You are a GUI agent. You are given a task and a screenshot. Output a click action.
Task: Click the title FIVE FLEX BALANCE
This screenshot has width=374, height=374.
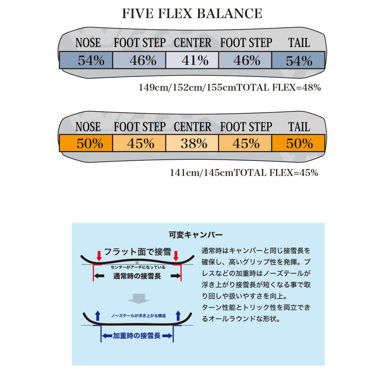[192, 13]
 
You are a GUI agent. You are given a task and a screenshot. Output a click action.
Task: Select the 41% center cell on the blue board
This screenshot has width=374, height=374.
[192, 60]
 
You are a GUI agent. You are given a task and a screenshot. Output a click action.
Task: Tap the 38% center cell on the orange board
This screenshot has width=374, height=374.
[192, 143]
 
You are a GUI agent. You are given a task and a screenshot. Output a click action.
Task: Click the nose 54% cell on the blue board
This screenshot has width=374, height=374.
[86, 60]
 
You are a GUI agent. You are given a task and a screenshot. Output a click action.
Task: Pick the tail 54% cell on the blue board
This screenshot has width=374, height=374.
[298, 60]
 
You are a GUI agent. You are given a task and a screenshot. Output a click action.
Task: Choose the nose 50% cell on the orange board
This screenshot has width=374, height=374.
[86, 143]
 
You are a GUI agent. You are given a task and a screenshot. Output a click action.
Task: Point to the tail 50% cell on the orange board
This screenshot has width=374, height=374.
[298, 143]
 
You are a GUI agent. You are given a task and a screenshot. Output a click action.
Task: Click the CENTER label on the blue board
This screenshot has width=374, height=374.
[192, 43]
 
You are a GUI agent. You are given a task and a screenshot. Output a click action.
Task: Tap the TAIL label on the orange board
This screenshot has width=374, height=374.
[299, 127]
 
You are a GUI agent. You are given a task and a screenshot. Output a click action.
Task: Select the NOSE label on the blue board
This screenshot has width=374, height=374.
[88, 43]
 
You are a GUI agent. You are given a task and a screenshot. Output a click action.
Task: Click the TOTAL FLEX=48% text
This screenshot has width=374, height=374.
[279, 88]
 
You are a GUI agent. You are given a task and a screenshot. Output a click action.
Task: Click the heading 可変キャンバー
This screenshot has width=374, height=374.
[196, 235]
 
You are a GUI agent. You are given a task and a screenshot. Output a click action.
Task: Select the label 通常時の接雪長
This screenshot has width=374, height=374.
[137, 276]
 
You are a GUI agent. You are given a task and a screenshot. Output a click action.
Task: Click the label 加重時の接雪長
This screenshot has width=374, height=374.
[137, 335]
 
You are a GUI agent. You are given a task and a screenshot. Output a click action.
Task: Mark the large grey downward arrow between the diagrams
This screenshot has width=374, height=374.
[138, 298]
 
